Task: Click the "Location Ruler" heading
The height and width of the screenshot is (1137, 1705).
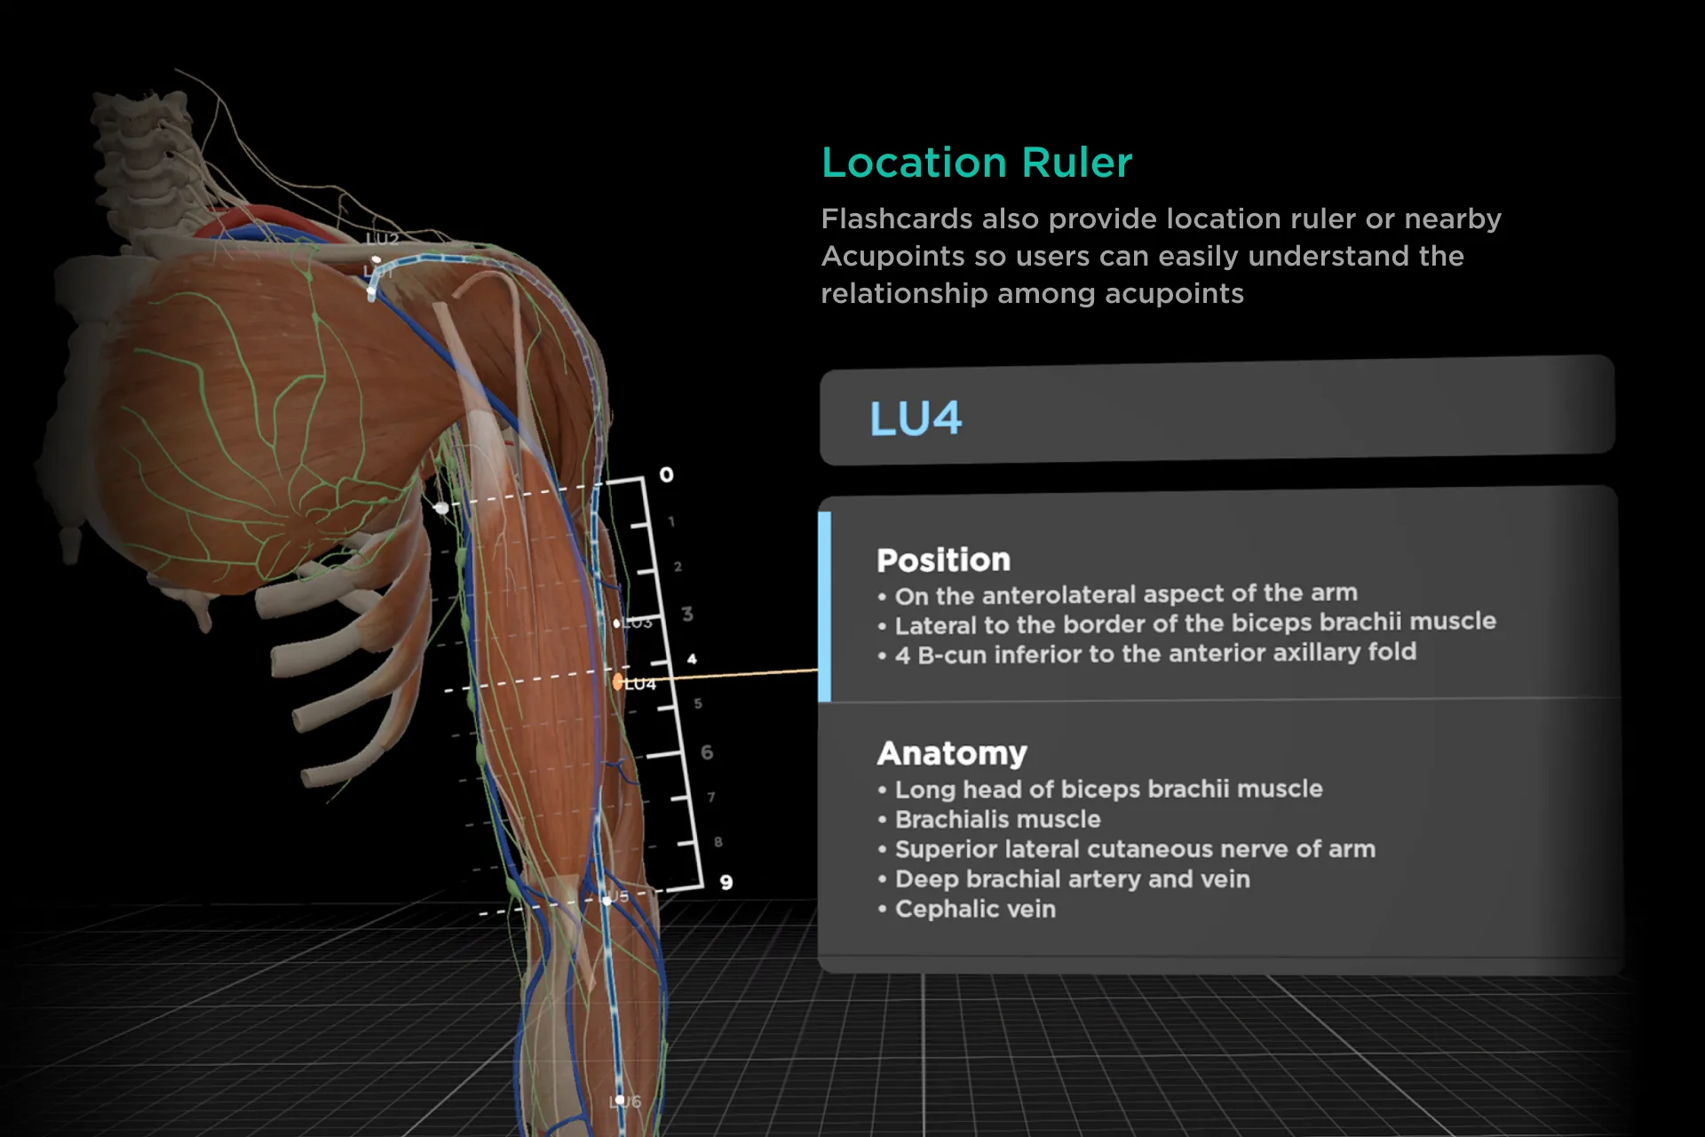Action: [976, 163]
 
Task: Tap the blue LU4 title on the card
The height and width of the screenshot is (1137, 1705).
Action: [915, 418]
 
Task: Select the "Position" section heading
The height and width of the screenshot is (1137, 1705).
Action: [943, 561]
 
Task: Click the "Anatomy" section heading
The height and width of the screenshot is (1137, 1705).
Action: [951, 753]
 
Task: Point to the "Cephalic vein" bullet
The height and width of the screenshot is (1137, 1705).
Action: [975, 909]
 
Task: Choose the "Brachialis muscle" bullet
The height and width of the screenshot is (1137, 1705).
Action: [997, 819]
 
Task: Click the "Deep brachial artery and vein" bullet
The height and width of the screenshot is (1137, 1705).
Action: [1072, 879]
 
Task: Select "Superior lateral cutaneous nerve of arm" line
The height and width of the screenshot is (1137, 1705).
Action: [1134, 849]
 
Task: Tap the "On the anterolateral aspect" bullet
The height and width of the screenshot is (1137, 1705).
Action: [1125, 593]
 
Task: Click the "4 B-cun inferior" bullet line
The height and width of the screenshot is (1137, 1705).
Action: [1154, 654]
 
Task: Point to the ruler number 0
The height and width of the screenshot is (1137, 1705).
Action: [666, 475]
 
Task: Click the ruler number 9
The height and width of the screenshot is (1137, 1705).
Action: [726, 882]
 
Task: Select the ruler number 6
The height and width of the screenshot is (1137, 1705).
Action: [707, 752]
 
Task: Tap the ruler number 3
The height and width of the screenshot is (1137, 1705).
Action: [687, 614]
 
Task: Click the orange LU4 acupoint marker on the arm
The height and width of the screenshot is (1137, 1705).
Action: [617, 682]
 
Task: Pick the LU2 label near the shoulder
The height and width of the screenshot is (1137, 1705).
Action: [382, 238]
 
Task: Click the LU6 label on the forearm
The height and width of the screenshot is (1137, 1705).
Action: [625, 1101]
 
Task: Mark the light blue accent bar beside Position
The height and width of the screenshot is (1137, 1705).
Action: [825, 607]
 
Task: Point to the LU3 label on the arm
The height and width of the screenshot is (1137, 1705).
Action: [636, 623]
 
